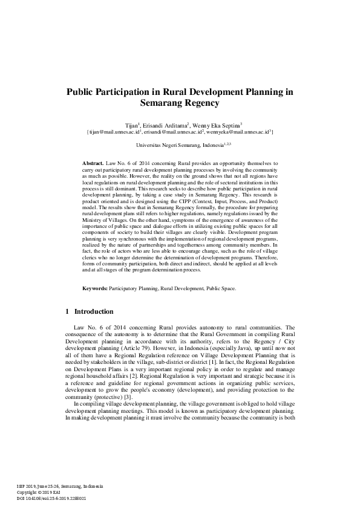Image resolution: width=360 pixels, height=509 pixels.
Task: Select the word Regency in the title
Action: coord(198,103)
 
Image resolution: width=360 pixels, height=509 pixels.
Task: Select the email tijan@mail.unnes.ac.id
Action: coord(114,131)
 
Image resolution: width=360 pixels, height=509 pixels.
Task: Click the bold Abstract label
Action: coord(92,164)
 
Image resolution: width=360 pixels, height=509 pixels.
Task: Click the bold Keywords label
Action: coord(94,289)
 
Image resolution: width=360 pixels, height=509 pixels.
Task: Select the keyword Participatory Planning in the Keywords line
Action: coord(134,289)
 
